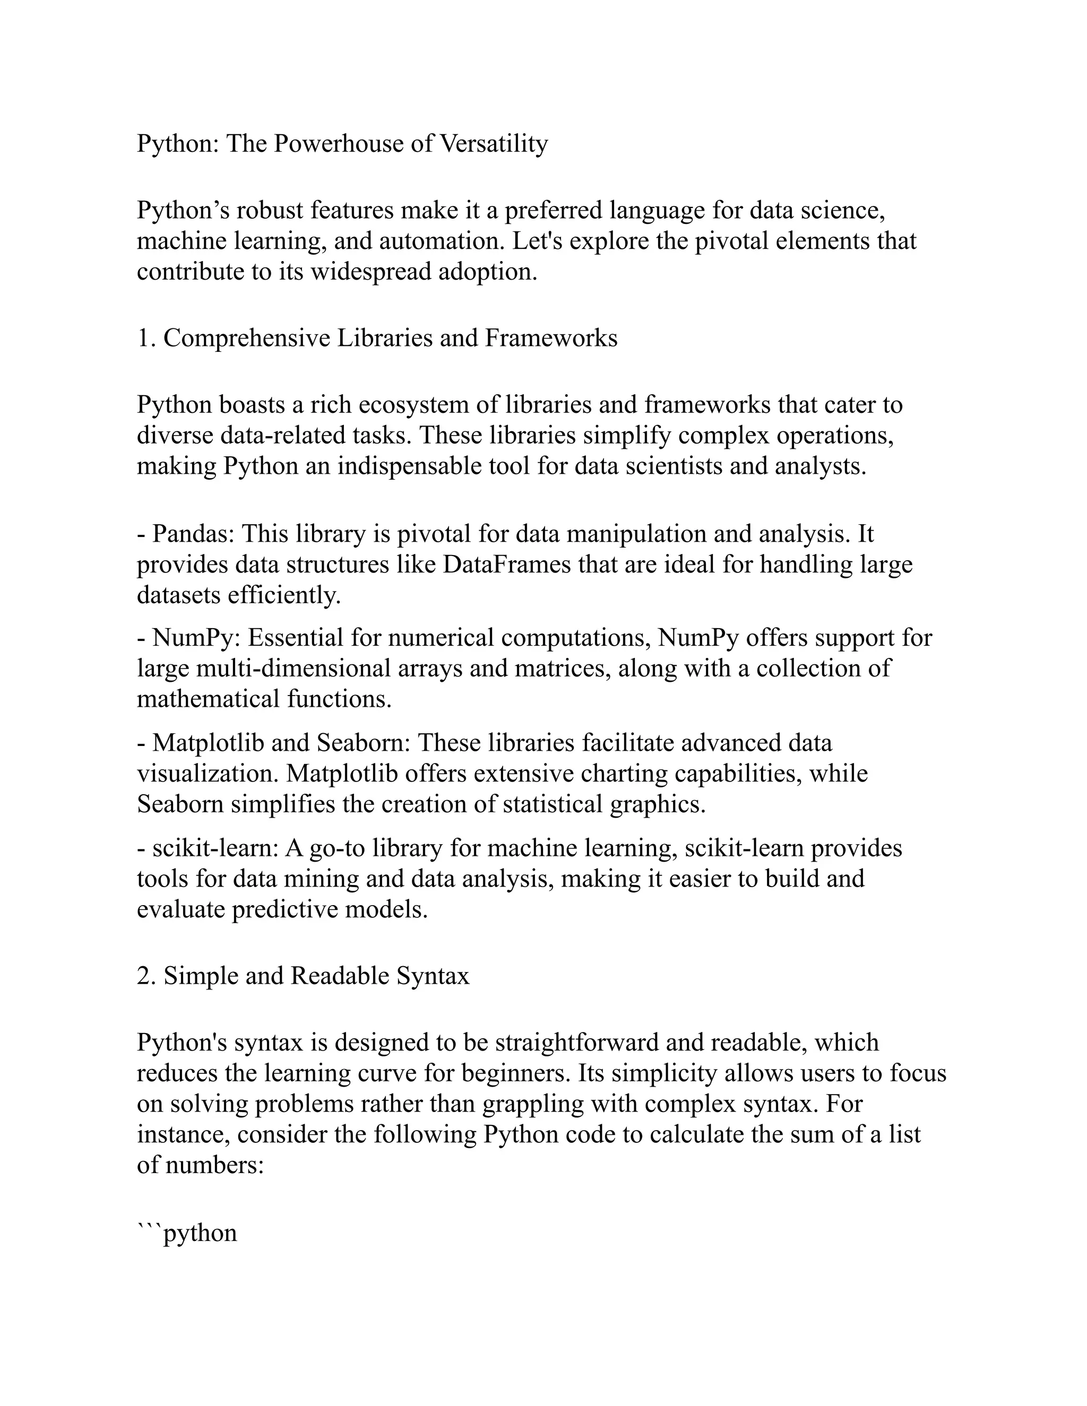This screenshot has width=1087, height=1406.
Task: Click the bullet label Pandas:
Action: click(194, 534)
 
